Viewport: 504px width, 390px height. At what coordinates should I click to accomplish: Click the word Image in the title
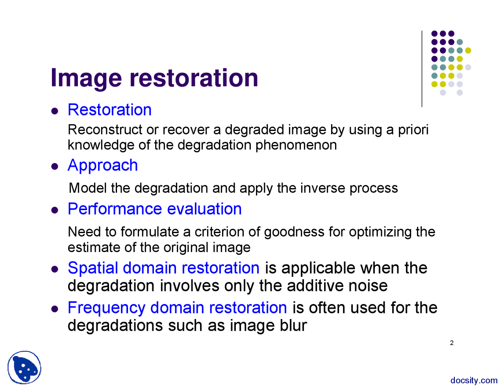[86, 78]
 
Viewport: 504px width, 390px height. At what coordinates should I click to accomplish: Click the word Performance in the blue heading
[115, 209]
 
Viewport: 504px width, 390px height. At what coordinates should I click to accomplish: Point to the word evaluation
[204, 209]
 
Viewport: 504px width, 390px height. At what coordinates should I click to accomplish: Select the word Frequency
[106, 309]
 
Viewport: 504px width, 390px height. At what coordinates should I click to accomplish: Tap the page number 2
[452, 343]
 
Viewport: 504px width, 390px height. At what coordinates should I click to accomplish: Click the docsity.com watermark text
[474, 381]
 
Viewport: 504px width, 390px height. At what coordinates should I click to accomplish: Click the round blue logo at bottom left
[24, 367]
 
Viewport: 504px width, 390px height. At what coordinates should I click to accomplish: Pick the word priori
[413, 130]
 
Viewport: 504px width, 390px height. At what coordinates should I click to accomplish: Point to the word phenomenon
[296, 146]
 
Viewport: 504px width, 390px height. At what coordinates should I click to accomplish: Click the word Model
[88, 188]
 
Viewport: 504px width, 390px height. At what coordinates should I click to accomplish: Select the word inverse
[323, 188]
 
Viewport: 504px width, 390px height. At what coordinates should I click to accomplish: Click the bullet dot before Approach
[55, 166]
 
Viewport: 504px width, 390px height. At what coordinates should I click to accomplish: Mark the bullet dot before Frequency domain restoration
[55, 309]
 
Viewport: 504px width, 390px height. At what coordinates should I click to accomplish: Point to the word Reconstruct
[105, 130]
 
